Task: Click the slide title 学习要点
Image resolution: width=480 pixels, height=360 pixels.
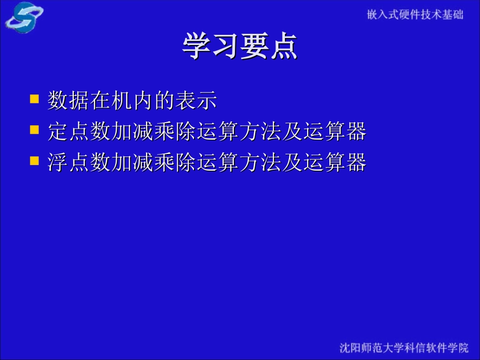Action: coord(239,46)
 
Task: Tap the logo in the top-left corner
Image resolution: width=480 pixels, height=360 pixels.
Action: coord(24,17)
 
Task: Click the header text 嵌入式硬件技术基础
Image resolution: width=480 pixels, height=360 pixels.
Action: coord(415,15)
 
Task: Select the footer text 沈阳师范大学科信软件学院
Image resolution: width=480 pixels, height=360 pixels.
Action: coord(404,348)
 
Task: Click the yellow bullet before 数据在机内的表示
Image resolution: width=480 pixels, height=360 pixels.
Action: coord(34,98)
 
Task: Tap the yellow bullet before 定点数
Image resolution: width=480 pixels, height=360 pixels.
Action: coord(34,130)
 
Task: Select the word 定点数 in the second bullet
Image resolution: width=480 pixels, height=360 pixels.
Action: coord(79,132)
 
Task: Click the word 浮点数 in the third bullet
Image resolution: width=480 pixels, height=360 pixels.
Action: coord(79,163)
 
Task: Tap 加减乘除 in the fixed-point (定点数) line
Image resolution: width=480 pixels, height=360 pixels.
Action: coord(154,132)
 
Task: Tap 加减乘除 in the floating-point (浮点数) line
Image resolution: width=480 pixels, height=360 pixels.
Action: coord(154,163)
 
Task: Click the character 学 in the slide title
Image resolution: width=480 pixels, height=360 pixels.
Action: coord(197,46)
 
